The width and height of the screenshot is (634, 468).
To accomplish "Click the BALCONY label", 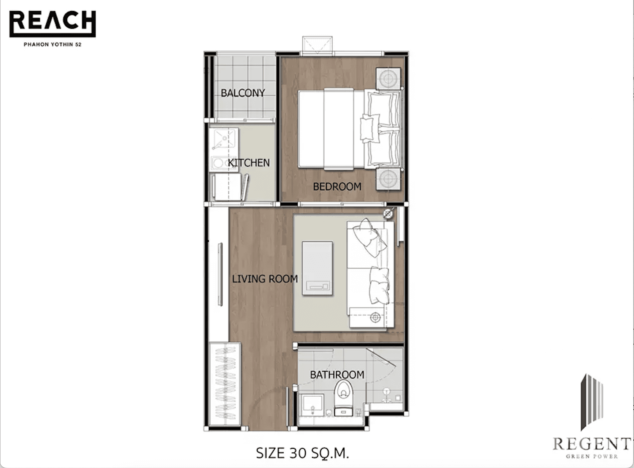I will pyautogui.click(x=243, y=93).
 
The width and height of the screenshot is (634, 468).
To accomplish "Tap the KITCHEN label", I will pyautogui.click(x=249, y=163).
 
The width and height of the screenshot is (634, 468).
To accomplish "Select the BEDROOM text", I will pyautogui.click(x=337, y=186).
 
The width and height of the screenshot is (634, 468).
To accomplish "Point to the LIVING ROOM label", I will pyautogui.click(x=265, y=279).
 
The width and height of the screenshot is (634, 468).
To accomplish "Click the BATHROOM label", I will pyautogui.click(x=337, y=375).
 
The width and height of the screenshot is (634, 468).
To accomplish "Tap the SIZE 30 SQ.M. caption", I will pyautogui.click(x=302, y=453).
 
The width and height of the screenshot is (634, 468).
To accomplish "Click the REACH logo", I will pyautogui.click(x=52, y=23).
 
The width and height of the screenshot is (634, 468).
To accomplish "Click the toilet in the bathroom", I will pyautogui.click(x=343, y=397).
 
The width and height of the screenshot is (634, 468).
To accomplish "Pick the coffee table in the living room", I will pyautogui.click(x=317, y=268).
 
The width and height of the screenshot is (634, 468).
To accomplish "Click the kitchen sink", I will pyautogui.click(x=224, y=139).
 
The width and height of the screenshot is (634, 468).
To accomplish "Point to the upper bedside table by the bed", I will pyautogui.click(x=388, y=79).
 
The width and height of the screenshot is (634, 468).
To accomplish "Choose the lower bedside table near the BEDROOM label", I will pyautogui.click(x=388, y=179).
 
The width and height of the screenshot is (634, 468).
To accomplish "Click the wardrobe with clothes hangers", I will pyautogui.click(x=225, y=384).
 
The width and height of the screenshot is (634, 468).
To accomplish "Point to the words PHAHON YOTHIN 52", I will pyautogui.click(x=52, y=44).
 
